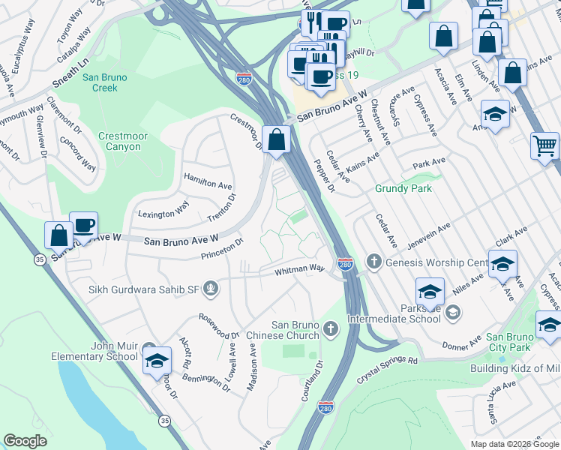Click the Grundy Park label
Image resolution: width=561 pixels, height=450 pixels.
coord(403,188)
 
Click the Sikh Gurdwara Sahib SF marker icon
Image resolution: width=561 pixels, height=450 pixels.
coord(211,286)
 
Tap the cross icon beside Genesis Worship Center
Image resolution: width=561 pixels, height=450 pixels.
coord(373,262)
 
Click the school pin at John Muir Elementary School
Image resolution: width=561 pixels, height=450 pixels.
coord(157,361)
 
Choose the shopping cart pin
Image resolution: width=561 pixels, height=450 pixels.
coord(545,145)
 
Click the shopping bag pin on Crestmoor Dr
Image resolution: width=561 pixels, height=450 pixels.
coord(277,139)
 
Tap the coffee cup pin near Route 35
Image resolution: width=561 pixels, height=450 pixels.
coord(83,225)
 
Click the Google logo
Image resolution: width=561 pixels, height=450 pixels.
coord(25,441)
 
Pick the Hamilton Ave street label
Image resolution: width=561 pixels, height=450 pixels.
coord(208,184)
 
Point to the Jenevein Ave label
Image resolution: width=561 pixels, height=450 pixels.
coord(428,232)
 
